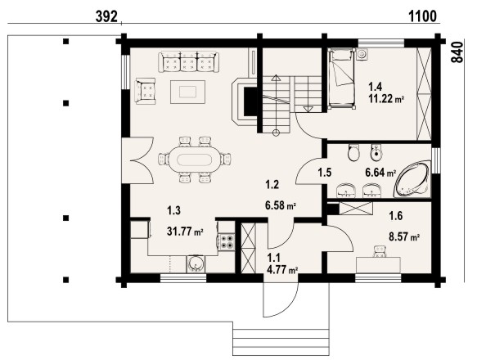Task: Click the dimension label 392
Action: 106,16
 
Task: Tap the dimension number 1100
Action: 422,16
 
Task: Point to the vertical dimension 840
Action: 457,52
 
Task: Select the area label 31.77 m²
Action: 185,232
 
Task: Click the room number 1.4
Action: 375,87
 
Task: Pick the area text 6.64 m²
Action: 380,173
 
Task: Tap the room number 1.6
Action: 396,216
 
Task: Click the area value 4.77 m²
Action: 282,270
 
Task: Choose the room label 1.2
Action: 272,184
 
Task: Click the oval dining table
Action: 191,160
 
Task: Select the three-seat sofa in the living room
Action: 189,62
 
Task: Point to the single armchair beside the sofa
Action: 146,91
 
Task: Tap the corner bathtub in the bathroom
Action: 412,179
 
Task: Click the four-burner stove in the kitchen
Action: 227,241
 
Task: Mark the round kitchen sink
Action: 196,263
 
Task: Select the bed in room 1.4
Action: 342,79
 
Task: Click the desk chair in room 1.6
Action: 379,252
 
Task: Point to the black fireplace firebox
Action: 250,101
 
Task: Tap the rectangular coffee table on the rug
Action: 187,92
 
